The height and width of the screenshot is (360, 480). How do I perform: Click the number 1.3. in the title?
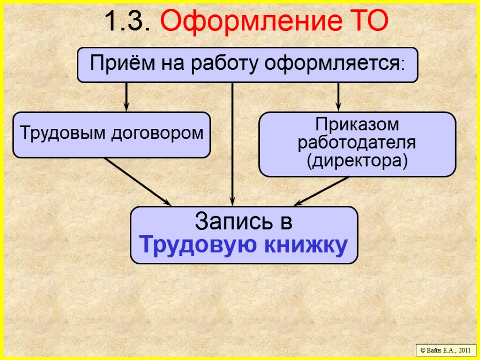[x=127, y=21]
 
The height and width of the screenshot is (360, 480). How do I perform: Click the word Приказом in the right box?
[x=357, y=125]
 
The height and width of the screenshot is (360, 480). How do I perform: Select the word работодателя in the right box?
[x=357, y=142]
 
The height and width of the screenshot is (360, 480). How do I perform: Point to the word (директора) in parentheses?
[x=357, y=160]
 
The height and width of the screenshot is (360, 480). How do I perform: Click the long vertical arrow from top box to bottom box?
[x=232, y=141]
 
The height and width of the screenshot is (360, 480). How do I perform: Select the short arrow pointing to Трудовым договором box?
[x=126, y=97]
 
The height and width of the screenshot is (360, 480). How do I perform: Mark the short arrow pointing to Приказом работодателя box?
[x=338, y=97]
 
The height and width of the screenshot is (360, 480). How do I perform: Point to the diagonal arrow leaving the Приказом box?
[x=322, y=191]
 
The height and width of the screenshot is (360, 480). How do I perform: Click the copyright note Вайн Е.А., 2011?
[x=445, y=350]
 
